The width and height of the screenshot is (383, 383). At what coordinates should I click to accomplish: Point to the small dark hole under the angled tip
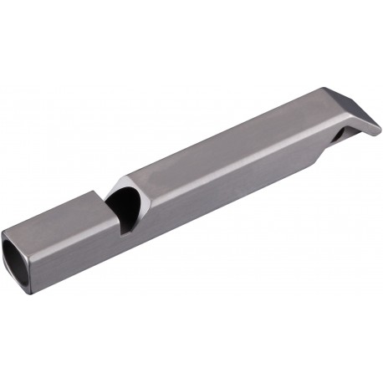pos(347,134)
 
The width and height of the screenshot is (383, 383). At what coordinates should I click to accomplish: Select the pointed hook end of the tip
pos(379,130)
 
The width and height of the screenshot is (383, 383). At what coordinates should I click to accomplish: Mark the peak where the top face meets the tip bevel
pos(323,90)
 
